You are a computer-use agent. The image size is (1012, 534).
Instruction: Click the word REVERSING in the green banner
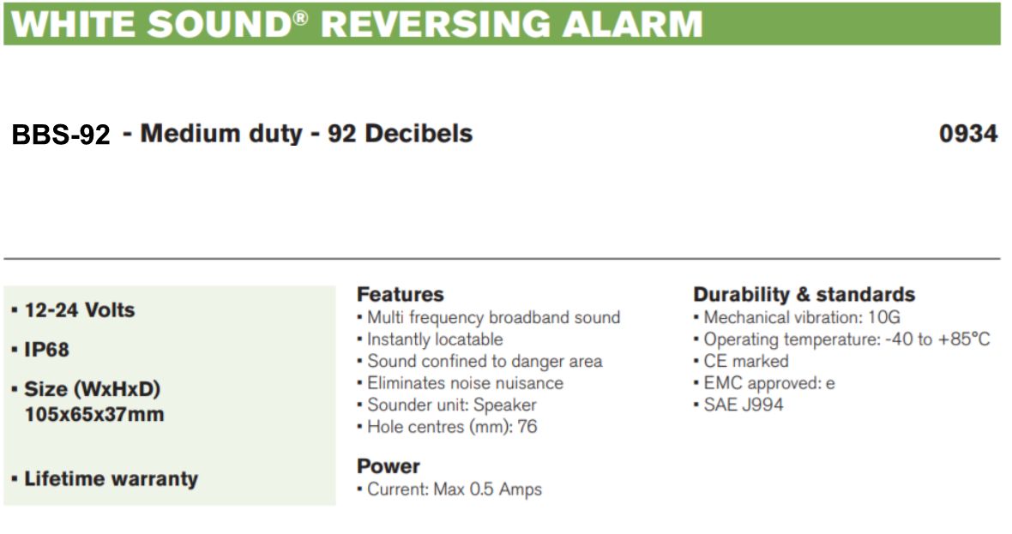(x=436, y=25)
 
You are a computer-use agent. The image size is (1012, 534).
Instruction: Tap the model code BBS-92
(x=61, y=135)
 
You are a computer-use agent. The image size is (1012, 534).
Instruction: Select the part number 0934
(x=968, y=134)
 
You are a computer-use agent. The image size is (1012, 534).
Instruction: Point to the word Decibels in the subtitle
(x=419, y=134)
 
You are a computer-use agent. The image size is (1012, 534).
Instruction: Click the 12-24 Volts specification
(x=80, y=310)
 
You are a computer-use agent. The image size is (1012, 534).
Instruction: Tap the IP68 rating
(x=46, y=350)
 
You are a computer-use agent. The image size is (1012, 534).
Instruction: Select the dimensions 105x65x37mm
(x=94, y=414)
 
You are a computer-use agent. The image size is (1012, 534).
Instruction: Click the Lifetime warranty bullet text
(x=111, y=478)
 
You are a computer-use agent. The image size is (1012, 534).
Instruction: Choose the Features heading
(x=401, y=294)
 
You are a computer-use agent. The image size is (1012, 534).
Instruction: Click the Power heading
(x=388, y=465)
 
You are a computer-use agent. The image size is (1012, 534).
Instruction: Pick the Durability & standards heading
(x=804, y=294)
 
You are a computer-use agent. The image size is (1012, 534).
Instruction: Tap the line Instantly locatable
(x=435, y=339)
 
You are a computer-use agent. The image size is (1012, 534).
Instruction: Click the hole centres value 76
(x=527, y=426)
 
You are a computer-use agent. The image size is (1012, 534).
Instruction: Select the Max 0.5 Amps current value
(x=487, y=489)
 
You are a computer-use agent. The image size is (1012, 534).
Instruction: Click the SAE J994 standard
(x=744, y=405)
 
